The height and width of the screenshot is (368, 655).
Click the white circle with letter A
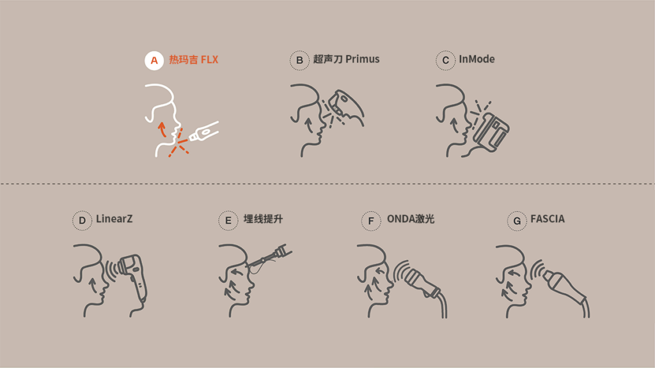(x=154, y=61)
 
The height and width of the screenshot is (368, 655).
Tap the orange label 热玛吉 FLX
(x=193, y=59)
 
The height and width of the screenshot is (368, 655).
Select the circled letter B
(x=299, y=61)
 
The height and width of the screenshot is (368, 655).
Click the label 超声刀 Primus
(x=346, y=59)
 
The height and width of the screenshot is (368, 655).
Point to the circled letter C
(x=445, y=61)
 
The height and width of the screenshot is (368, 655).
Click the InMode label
(x=477, y=59)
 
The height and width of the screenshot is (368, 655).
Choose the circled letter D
(x=83, y=220)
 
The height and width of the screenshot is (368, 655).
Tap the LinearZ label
(x=114, y=218)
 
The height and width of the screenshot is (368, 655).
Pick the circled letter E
(x=228, y=220)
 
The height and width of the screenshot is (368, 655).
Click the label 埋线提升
(x=263, y=219)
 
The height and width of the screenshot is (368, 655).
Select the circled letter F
(x=371, y=220)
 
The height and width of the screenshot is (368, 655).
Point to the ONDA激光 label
(x=411, y=219)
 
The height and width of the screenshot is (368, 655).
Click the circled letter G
(x=517, y=220)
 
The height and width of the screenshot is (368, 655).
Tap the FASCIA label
(x=548, y=219)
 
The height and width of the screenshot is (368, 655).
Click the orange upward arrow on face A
(x=162, y=129)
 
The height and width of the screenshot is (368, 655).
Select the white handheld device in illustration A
(x=204, y=132)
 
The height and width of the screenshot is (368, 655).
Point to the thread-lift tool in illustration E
(x=269, y=258)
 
